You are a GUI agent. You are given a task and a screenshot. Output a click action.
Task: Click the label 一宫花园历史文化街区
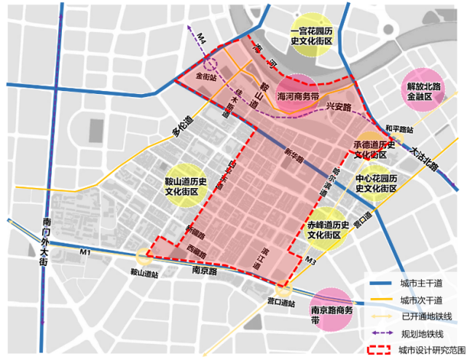coord(311,37)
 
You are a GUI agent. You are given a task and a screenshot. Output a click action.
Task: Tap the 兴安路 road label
coord(338,106)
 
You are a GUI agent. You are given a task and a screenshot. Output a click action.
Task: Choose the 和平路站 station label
coord(400,128)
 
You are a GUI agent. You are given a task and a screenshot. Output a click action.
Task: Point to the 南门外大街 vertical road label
coord(44,240)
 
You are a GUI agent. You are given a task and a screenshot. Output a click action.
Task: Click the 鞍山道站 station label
coord(144,273)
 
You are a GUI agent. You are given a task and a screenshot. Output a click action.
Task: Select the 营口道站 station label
coord(281,302)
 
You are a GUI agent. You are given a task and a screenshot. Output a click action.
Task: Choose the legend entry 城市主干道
coord(422,284)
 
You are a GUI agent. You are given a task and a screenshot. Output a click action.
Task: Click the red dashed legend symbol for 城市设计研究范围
coord(379,350)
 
